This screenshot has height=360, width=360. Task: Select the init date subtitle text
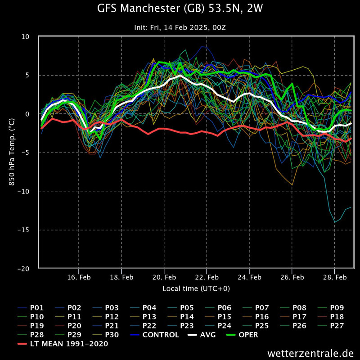click(x=180, y=27)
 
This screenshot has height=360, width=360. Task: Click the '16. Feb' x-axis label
click(x=78, y=278)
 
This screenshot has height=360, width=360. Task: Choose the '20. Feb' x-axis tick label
click(x=164, y=278)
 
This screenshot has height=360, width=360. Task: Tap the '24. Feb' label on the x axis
click(x=249, y=278)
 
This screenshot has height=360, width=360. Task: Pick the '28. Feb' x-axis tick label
click(x=335, y=278)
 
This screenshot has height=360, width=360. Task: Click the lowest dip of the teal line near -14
click(x=334, y=222)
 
